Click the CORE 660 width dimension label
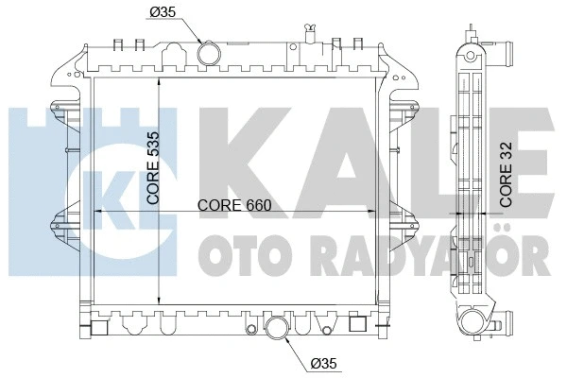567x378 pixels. tap(234, 205)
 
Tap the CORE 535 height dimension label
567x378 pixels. tap(153, 168)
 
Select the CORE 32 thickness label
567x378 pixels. tap(507, 174)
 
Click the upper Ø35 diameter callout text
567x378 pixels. tap(163, 12)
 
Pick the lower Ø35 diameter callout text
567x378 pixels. tap(323, 363)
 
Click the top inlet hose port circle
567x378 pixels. tap(209, 54)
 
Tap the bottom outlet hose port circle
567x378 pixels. tap(277, 328)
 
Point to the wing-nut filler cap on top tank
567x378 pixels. tap(310, 33)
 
